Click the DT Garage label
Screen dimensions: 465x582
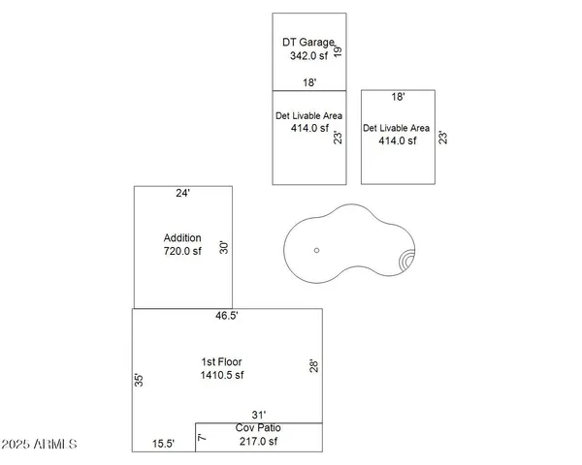point(307,43)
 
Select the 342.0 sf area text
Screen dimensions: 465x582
point(308,56)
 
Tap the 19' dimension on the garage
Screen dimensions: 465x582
point(339,49)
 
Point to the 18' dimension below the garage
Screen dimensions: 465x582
point(308,83)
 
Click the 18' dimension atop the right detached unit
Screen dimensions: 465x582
point(398,97)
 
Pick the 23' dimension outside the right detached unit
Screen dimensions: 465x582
point(442,138)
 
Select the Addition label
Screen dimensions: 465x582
point(182,237)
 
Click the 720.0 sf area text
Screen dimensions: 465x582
point(182,251)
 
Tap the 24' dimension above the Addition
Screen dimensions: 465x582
point(182,193)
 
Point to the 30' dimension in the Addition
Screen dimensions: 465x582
point(224,247)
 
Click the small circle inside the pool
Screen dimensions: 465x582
point(316,250)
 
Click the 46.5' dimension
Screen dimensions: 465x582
point(227,316)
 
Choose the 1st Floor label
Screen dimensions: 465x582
point(221,361)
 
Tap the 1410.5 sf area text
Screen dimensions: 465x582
point(222,375)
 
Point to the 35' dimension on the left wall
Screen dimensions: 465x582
point(140,380)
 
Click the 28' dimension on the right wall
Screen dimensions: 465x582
point(313,366)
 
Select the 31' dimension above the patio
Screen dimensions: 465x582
point(258,415)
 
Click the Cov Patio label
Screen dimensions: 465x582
point(257,428)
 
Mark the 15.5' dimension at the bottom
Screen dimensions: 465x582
point(164,444)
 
